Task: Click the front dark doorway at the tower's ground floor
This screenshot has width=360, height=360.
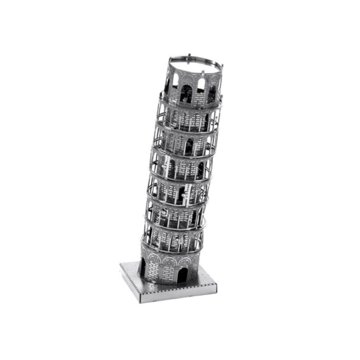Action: coord(182,276)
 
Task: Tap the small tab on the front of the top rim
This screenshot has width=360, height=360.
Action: coord(203,73)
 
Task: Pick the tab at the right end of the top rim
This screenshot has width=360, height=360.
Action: coord(221,65)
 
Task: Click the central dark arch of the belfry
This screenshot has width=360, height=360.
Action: coord(186,94)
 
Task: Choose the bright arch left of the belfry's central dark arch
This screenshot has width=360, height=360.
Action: coord(175,82)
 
